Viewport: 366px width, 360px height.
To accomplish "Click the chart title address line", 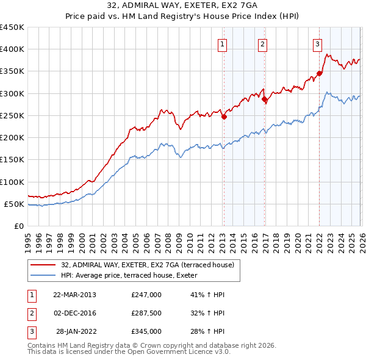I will tap(182, 7).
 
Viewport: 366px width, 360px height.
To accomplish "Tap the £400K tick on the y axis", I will tap(12, 49).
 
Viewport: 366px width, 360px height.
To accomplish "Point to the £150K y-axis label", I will tap(12, 160).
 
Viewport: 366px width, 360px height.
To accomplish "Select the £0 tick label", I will tap(18, 226).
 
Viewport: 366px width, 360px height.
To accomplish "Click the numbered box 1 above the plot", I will tap(223, 44).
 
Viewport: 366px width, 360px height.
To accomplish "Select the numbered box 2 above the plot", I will tap(262, 44).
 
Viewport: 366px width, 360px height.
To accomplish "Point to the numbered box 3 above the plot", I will tap(318, 44).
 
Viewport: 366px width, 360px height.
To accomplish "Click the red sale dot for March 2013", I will tap(224, 117).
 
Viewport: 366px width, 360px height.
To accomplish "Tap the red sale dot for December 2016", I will tap(264, 99).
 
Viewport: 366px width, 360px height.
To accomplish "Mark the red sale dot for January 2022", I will tap(320, 74).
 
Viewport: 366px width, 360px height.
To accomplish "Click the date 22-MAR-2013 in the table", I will tap(75, 295).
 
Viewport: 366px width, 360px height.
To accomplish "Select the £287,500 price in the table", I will tap(146, 313).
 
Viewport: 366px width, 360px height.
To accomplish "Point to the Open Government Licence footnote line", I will tap(129, 353).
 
